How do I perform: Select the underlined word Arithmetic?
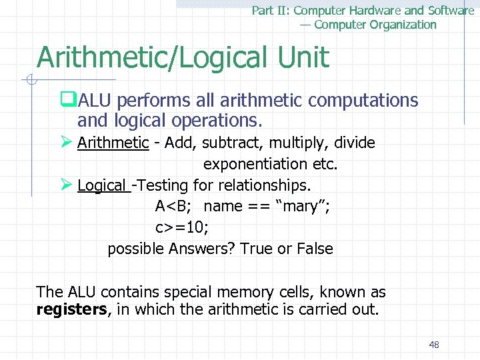tap(113, 143)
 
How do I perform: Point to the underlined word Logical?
tap(101, 185)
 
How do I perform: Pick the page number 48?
tap(434, 345)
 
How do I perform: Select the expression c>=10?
tap(181, 228)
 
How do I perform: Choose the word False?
tap(314, 249)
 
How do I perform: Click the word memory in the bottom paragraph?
tap(231, 292)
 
